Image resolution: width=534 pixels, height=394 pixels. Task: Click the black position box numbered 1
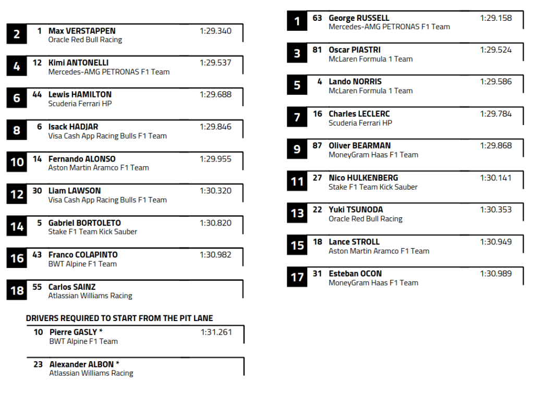pyautogui.click(x=297, y=21)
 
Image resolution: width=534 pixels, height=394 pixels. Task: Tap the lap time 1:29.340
pyautogui.click(x=215, y=31)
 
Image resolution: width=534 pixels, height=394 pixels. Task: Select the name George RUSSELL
pyautogui.click(x=359, y=18)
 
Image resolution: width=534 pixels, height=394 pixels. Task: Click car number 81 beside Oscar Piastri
pyautogui.click(x=317, y=50)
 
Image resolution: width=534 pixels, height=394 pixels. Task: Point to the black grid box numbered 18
pyautogui.click(x=17, y=290)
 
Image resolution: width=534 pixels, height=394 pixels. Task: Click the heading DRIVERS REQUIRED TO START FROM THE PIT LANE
pyautogui.click(x=119, y=318)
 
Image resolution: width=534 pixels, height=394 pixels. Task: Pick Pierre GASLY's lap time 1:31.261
pyautogui.click(x=216, y=332)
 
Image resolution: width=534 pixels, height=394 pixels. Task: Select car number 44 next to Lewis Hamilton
pyautogui.click(x=37, y=94)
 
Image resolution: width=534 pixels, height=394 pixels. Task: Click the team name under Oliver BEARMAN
pyautogui.click(x=373, y=155)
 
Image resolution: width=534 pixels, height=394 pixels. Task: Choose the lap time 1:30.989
pyautogui.click(x=496, y=274)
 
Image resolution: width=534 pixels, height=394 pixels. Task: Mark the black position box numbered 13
pyautogui.click(x=297, y=213)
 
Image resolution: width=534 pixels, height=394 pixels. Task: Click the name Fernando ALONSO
pyautogui.click(x=82, y=159)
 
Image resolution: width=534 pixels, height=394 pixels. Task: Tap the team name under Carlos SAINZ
pyautogui.click(x=90, y=296)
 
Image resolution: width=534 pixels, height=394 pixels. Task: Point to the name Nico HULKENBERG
pyautogui.click(x=363, y=178)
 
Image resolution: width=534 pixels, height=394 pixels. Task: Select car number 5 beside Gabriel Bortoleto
pyautogui.click(x=39, y=223)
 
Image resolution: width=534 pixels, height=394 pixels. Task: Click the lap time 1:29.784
pyautogui.click(x=496, y=114)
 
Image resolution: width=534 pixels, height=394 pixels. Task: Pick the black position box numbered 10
pyautogui.click(x=17, y=162)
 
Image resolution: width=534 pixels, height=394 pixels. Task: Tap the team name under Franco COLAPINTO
pyautogui.click(x=82, y=264)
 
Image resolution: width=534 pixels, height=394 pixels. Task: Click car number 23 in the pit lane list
pyautogui.click(x=38, y=364)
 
